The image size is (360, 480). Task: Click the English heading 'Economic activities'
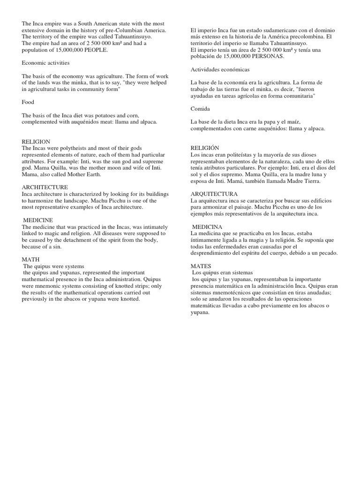[x=45, y=62]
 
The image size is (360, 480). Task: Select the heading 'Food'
[x=28, y=102]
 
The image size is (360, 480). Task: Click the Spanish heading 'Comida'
[x=201, y=109]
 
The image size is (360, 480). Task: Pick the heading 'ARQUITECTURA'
[x=214, y=194]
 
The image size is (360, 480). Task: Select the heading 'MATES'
[x=202, y=265]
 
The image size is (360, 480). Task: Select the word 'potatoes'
[x=120, y=115]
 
